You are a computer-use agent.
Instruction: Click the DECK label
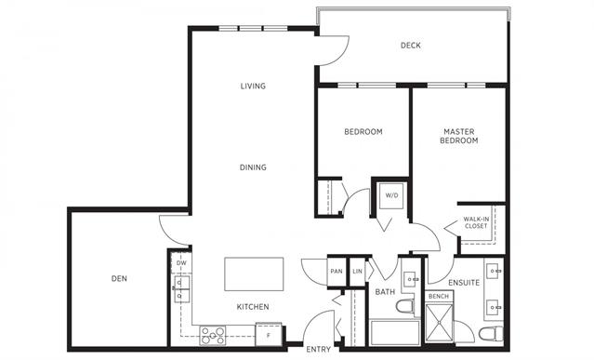pos(410,46)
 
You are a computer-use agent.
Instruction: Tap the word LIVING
pos(253,87)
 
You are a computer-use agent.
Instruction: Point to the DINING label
pos(253,167)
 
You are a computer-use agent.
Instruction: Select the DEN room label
pos(119,279)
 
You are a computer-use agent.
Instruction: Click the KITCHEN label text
pos(253,307)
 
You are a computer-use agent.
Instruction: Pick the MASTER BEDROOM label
pos(459,136)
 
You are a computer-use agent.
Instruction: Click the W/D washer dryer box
pos(391,196)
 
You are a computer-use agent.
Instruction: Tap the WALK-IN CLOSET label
pos(476,222)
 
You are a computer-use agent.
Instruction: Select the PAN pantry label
pos(337,272)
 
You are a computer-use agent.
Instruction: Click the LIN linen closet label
pos(357,272)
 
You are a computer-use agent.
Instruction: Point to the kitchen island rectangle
pos(254,274)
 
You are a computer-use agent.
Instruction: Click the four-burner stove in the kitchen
pos(213,336)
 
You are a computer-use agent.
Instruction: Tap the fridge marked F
pos(269,334)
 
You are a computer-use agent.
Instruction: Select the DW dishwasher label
pos(181,263)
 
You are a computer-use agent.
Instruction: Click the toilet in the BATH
pos(405,306)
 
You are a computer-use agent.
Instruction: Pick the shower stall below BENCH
pos(439,323)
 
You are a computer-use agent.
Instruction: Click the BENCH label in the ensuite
pos(439,297)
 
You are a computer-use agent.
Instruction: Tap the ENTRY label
pos(318,350)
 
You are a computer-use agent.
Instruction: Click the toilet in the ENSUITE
pos(491,333)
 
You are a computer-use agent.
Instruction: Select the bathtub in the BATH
pos(395,333)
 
